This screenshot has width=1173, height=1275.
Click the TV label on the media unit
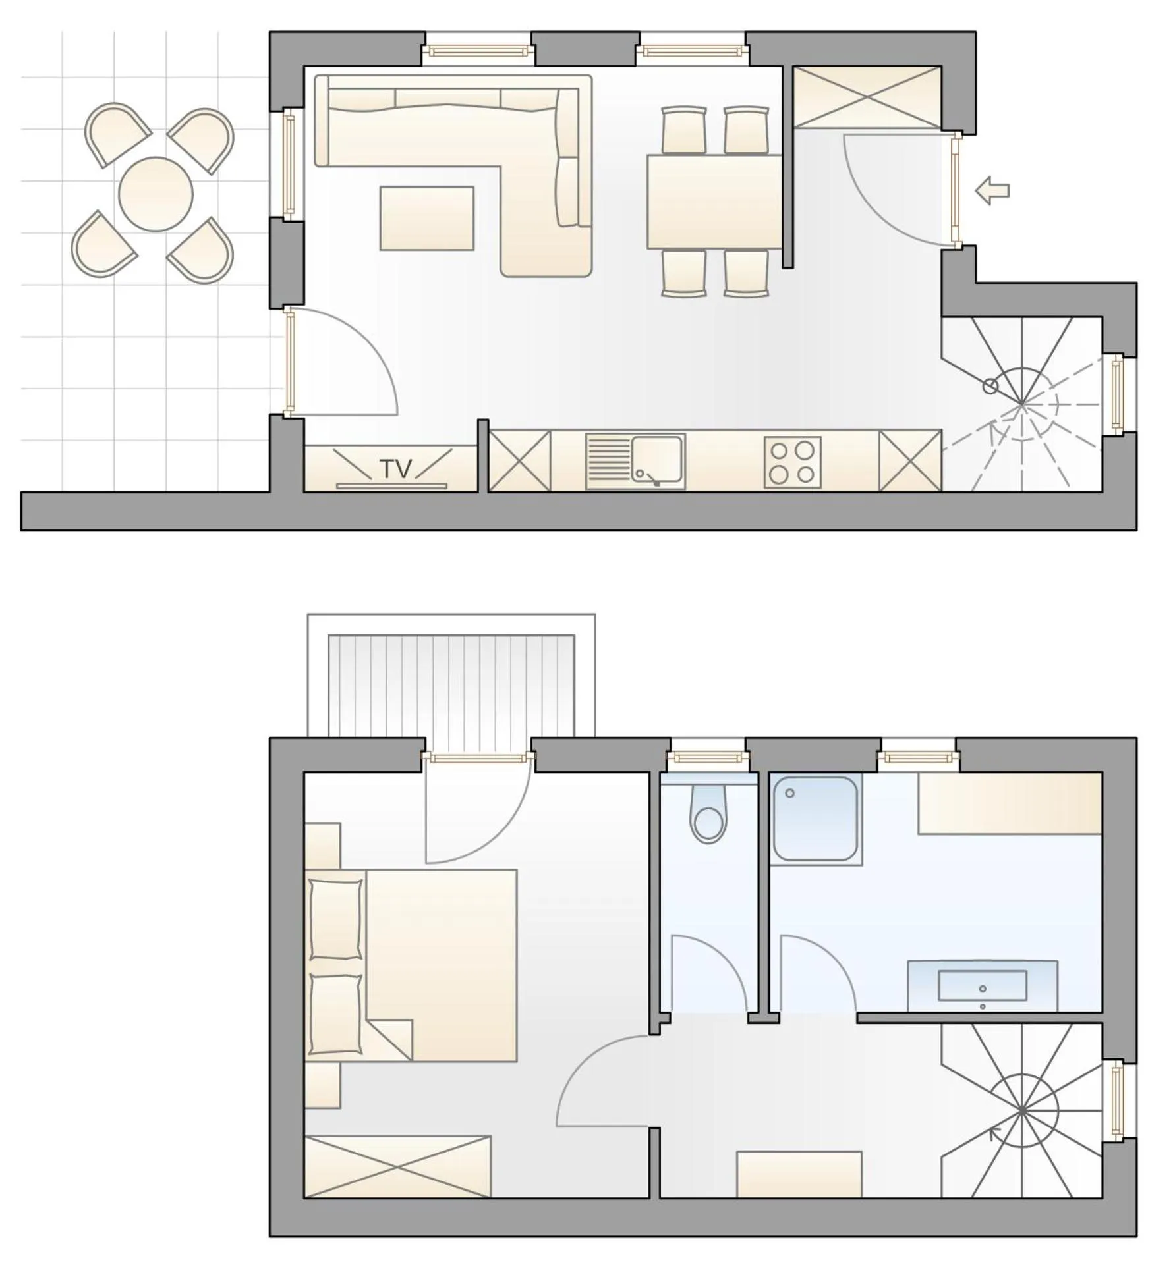[x=395, y=468]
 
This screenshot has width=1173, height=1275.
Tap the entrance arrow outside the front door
[x=992, y=191]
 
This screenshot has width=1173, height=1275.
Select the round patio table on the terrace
[x=156, y=194]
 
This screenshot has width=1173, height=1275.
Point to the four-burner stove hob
[x=792, y=462]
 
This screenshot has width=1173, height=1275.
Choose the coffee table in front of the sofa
[x=427, y=218]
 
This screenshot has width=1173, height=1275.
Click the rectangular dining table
[x=714, y=202]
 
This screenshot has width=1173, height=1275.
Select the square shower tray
[x=815, y=818]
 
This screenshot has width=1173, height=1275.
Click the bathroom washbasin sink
[x=982, y=985]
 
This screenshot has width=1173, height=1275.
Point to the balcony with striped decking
[x=451, y=685]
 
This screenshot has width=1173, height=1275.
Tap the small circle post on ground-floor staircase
[x=990, y=387]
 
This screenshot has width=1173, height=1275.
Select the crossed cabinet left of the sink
[x=519, y=460]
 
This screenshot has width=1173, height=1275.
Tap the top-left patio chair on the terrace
[x=115, y=134]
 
